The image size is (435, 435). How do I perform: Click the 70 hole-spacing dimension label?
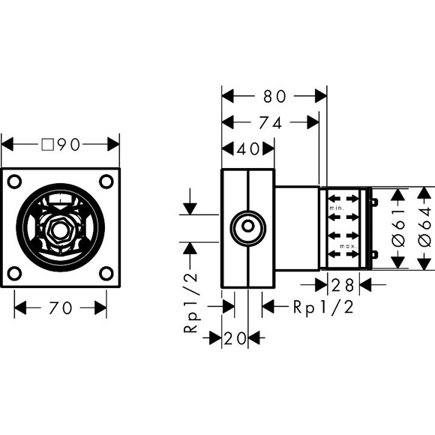tap(60, 308)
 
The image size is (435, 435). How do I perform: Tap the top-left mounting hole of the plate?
tap(16, 181)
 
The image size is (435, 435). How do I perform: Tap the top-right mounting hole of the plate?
tap(106, 181)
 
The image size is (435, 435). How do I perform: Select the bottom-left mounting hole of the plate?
tap(16, 272)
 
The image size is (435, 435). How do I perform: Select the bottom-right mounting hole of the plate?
tap(106, 272)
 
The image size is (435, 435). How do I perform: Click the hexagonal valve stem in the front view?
tap(61, 227)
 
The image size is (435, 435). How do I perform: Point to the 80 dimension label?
tap(274, 97)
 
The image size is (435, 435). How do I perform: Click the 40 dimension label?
tap(247, 149)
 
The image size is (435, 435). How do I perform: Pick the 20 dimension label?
tap(235, 339)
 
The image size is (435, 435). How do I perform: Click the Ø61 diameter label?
tap(399, 229)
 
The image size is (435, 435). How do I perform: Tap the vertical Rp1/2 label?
tap(193, 301)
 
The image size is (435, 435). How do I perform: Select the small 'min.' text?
tap(337, 205)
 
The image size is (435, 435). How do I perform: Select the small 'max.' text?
tap(347, 246)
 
